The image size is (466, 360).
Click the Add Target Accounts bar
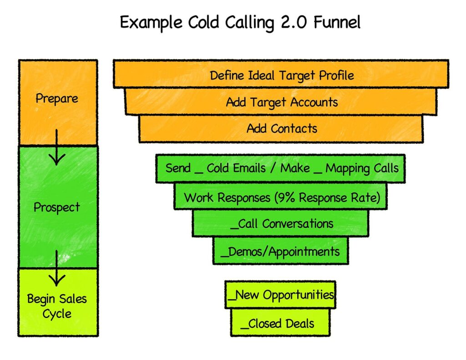[281, 101]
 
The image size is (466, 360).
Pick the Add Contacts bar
[281, 128]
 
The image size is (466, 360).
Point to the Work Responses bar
[281, 198]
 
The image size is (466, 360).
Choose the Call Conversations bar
[281, 224]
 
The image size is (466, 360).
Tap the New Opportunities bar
[280, 295]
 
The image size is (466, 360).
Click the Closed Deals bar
[280, 324]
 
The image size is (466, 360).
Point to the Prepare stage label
[57, 98]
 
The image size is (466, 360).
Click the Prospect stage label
[57, 208]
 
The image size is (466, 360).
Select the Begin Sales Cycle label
[57, 306]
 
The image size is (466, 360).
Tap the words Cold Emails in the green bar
[236, 168]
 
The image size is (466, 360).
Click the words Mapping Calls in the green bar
[362, 168]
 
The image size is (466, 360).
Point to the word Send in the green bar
[178, 168]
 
